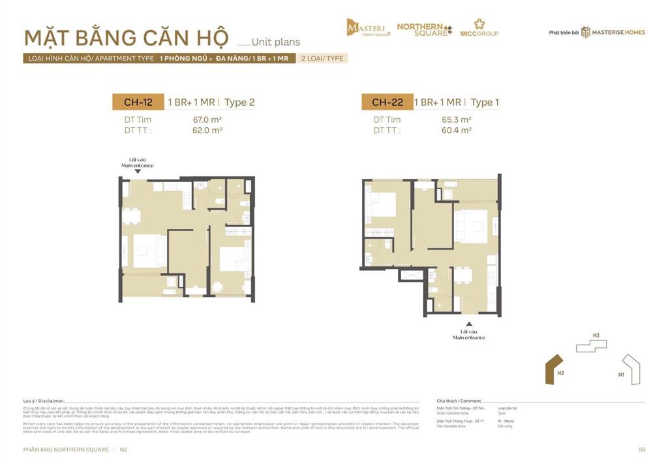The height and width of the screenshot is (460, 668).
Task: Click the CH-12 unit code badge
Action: pyautogui.click(x=138, y=102)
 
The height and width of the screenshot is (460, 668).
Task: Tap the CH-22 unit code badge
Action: pyautogui.click(x=387, y=102)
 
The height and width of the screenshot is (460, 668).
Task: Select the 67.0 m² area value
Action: pyautogui.click(x=204, y=119)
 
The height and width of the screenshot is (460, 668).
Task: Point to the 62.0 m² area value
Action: pyautogui.click(x=204, y=130)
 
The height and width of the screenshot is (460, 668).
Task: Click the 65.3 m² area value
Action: pyautogui.click(x=457, y=119)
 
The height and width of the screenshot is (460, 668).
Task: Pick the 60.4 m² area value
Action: pyautogui.click(x=457, y=130)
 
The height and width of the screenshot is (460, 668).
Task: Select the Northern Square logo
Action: pyautogui.click(x=424, y=28)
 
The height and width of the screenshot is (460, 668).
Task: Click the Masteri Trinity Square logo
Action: pyautogui.click(x=369, y=27)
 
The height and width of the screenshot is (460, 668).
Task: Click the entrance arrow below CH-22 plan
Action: pyautogui.click(x=468, y=324)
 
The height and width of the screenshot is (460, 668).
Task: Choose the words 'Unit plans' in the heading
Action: pyautogui.click(x=276, y=42)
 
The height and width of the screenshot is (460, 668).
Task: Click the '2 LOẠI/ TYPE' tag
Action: pyautogui.click(x=322, y=58)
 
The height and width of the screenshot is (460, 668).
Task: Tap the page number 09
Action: pyautogui.click(x=641, y=449)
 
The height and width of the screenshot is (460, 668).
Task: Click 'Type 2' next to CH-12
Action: pyautogui.click(x=239, y=102)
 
